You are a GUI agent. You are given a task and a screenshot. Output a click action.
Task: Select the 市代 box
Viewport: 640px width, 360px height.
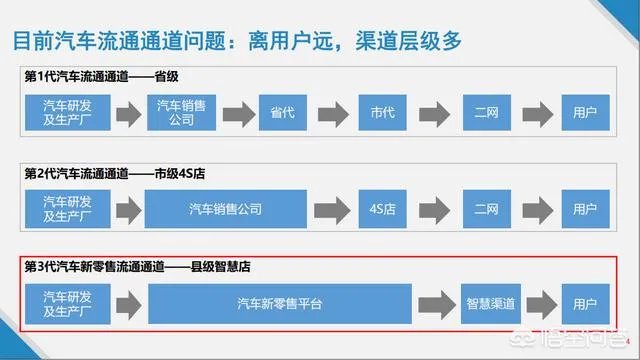click(x=383, y=111)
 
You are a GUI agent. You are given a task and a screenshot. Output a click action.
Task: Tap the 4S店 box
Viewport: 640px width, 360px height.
click(x=383, y=210)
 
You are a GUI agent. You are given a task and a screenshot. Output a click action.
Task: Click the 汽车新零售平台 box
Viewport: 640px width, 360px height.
click(x=280, y=301)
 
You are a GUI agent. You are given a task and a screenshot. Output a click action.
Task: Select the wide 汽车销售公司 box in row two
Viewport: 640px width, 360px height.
click(x=225, y=210)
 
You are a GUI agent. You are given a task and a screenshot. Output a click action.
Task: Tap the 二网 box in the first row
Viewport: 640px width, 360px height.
click(x=487, y=111)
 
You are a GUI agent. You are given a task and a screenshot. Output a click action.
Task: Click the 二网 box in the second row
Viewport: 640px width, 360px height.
click(x=487, y=210)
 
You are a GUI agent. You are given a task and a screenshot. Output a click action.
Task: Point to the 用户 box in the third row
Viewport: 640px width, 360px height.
click(x=579, y=301)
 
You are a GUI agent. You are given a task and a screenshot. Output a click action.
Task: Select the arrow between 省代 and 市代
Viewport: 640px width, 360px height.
click(x=332, y=111)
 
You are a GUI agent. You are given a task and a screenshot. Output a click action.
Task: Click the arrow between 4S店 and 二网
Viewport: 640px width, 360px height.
click(x=436, y=210)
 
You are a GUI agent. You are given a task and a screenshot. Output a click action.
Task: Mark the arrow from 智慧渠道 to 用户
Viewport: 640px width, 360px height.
click(x=538, y=301)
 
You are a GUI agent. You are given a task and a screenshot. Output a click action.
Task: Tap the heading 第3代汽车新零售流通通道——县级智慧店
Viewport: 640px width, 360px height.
click(x=138, y=266)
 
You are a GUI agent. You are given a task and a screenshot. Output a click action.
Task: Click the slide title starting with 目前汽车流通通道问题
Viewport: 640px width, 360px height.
click(x=236, y=42)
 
